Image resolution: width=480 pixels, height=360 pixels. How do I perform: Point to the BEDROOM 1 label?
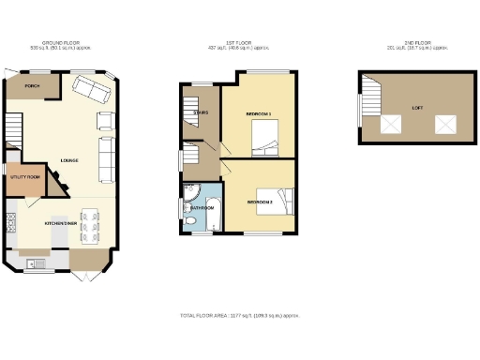point(258,113)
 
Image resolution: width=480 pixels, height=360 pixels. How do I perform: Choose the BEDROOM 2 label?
point(260,202)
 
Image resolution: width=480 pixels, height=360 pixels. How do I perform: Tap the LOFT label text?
point(416,108)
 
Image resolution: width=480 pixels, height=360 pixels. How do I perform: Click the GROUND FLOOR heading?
point(57,42)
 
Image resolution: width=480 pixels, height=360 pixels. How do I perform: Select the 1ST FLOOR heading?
point(240,42)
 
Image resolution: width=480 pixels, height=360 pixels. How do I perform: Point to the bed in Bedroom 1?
point(266,142)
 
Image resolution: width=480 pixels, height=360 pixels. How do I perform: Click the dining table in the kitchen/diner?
point(89,226)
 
